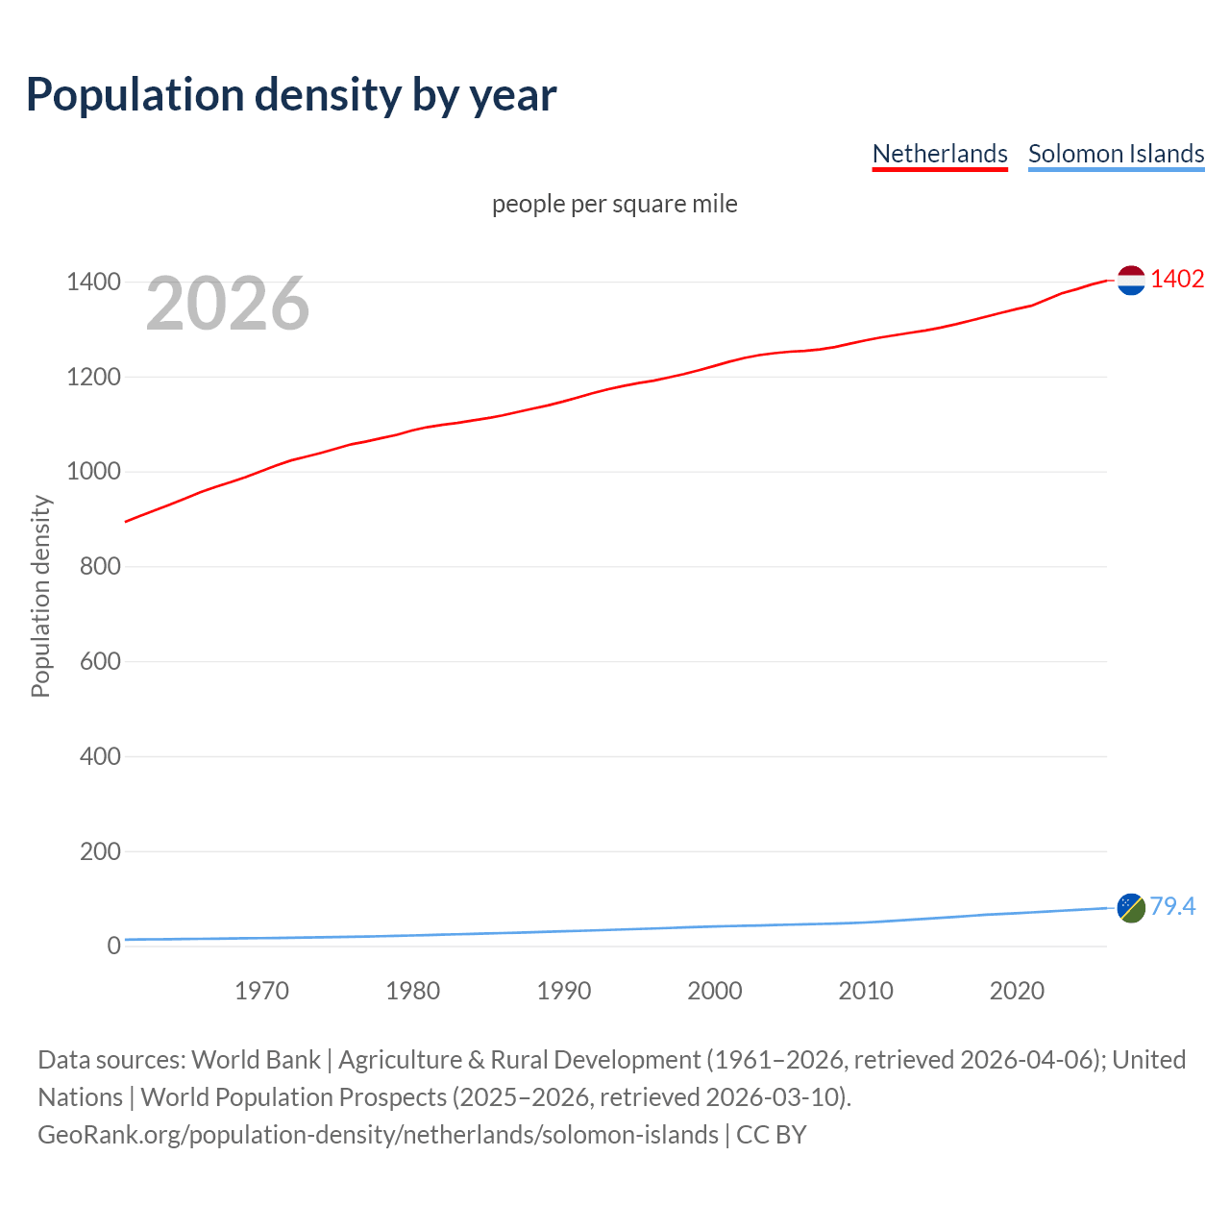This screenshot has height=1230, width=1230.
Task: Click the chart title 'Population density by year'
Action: [x=291, y=94]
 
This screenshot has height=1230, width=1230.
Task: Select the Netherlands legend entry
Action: [x=939, y=154]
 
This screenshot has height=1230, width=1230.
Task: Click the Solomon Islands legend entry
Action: [x=1116, y=154]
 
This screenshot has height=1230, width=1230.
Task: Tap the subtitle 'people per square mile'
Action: [x=615, y=204]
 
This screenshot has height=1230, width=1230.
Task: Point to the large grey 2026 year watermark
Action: [x=228, y=304]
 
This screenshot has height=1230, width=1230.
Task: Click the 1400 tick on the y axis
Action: [x=93, y=282]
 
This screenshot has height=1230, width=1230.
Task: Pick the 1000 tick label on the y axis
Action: [x=93, y=472]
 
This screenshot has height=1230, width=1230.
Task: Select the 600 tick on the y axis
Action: [x=100, y=661]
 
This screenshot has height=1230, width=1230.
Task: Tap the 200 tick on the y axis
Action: [x=100, y=851]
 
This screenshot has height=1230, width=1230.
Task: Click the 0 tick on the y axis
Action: [x=114, y=946]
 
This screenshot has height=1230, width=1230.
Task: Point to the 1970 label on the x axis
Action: [x=261, y=991]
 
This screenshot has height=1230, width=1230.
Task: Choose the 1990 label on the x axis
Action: [x=564, y=991]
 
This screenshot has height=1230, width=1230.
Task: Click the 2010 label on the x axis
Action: [x=866, y=991]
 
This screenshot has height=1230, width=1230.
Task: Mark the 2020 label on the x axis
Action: [x=1017, y=991]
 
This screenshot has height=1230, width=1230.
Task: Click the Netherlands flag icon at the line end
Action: [x=1131, y=281]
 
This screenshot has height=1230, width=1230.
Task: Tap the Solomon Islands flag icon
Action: [x=1131, y=907]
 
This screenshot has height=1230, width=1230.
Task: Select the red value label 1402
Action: [x=1177, y=279]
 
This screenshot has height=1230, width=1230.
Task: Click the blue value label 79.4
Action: [x=1172, y=906]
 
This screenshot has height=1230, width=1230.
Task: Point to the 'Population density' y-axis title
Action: [x=40, y=596]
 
